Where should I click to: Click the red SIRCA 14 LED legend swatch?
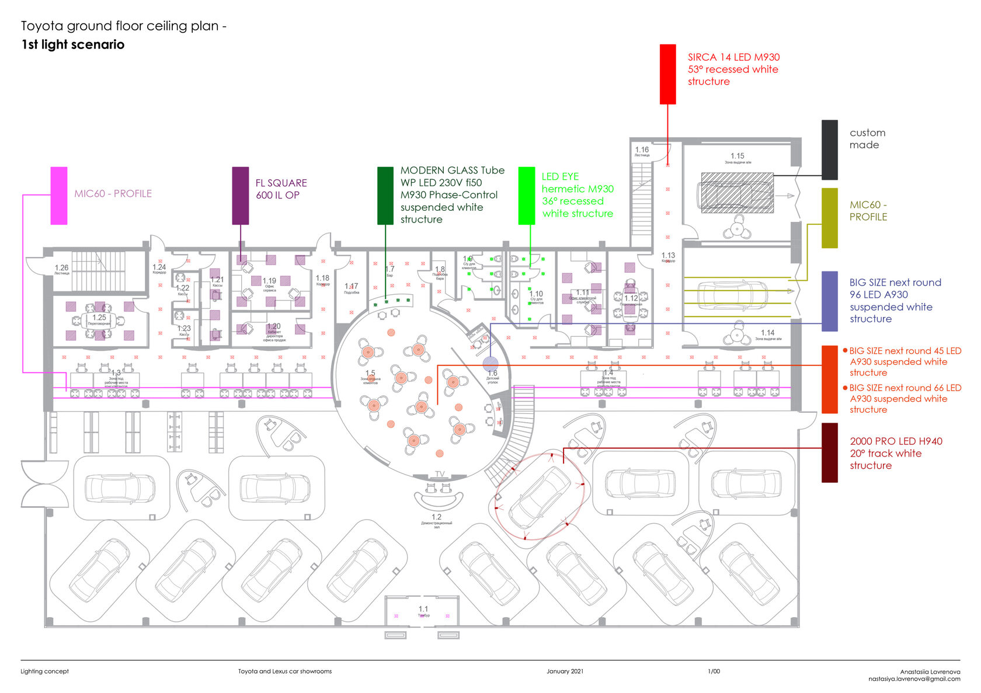point(667,74)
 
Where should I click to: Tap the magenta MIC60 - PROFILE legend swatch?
point(59,196)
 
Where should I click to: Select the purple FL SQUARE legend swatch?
point(240,196)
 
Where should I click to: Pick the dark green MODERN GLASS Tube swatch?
point(385,196)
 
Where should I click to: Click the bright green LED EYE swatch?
point(527,196)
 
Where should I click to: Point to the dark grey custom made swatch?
point(829,150)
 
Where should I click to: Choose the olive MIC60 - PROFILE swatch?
point(829,218)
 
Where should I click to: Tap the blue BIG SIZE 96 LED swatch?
point(829,301)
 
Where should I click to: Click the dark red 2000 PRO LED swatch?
point(829,453)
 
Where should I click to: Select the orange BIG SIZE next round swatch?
point(829,379)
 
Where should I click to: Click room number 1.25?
point(99,318)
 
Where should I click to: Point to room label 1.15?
point(738,156)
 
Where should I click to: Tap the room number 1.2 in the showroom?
point(436,517)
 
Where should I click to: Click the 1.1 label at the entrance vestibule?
point(423,609)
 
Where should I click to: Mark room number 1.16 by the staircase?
point(642,150)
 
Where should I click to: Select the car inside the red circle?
point(539,496)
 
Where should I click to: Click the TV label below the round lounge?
point(440,474)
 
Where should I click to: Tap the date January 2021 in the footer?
point(565,671)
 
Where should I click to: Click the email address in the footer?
point(914,679)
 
